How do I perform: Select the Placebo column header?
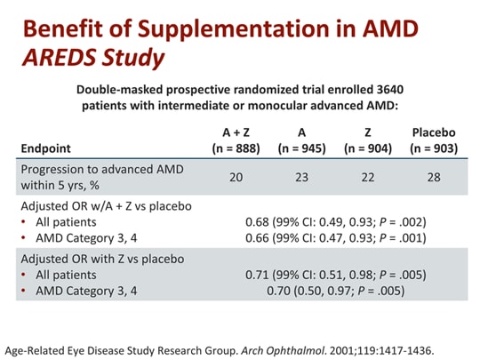tap(434, 132)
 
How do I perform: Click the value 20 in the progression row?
tap(236, 177)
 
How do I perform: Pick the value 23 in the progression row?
tap(302, 177)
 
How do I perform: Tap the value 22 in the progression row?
tap(367, 177)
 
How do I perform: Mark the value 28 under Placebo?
tap(434, 177)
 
